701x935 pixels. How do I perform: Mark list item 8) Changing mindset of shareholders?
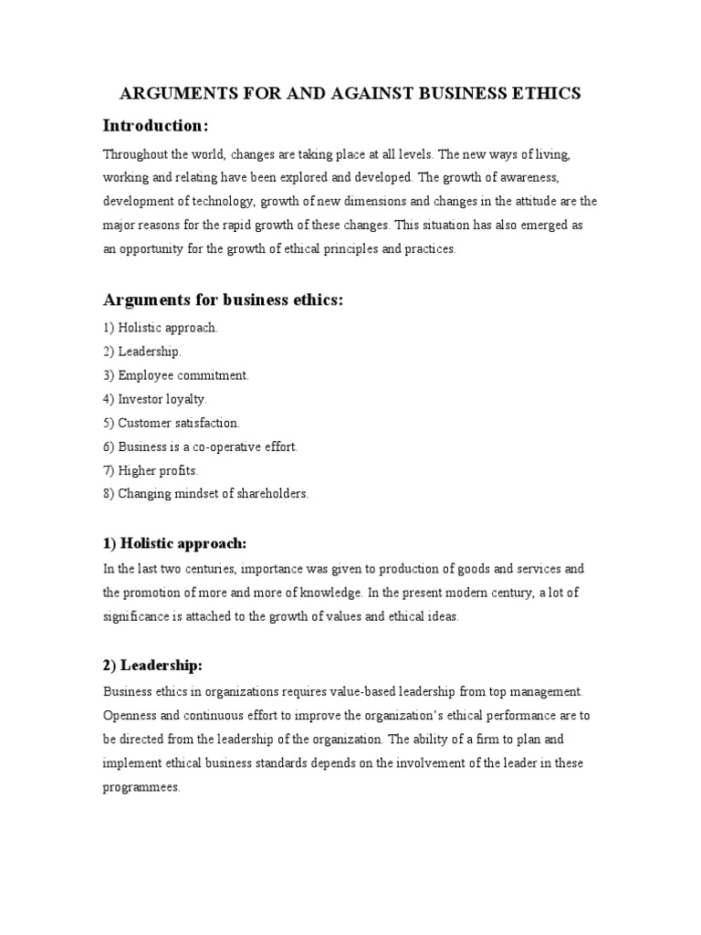206,494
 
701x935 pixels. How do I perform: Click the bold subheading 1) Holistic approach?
174,544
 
